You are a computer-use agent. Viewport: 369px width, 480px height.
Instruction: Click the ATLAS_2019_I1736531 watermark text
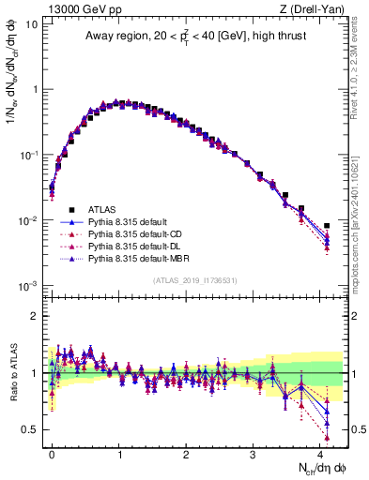(x=195, y=281)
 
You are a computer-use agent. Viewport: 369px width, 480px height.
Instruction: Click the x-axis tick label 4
(x=319, y=452)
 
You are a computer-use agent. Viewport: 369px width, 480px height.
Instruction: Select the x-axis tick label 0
(x=52, y=452)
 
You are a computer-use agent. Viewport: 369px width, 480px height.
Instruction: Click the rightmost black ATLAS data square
(x=327, y=226)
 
